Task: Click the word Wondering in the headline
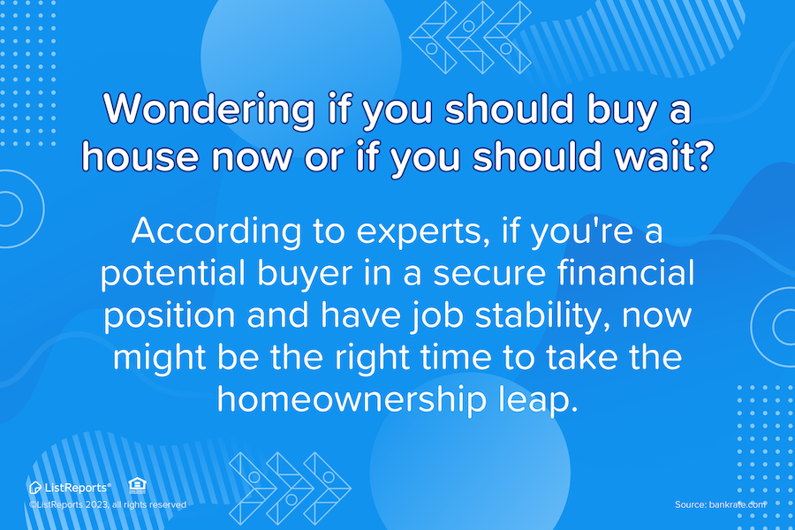208,109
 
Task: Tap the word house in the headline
140,156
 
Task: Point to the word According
216,231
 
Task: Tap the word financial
625,272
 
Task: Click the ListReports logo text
76,488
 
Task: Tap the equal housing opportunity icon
138,485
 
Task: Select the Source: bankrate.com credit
720,504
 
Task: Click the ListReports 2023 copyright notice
108,504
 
